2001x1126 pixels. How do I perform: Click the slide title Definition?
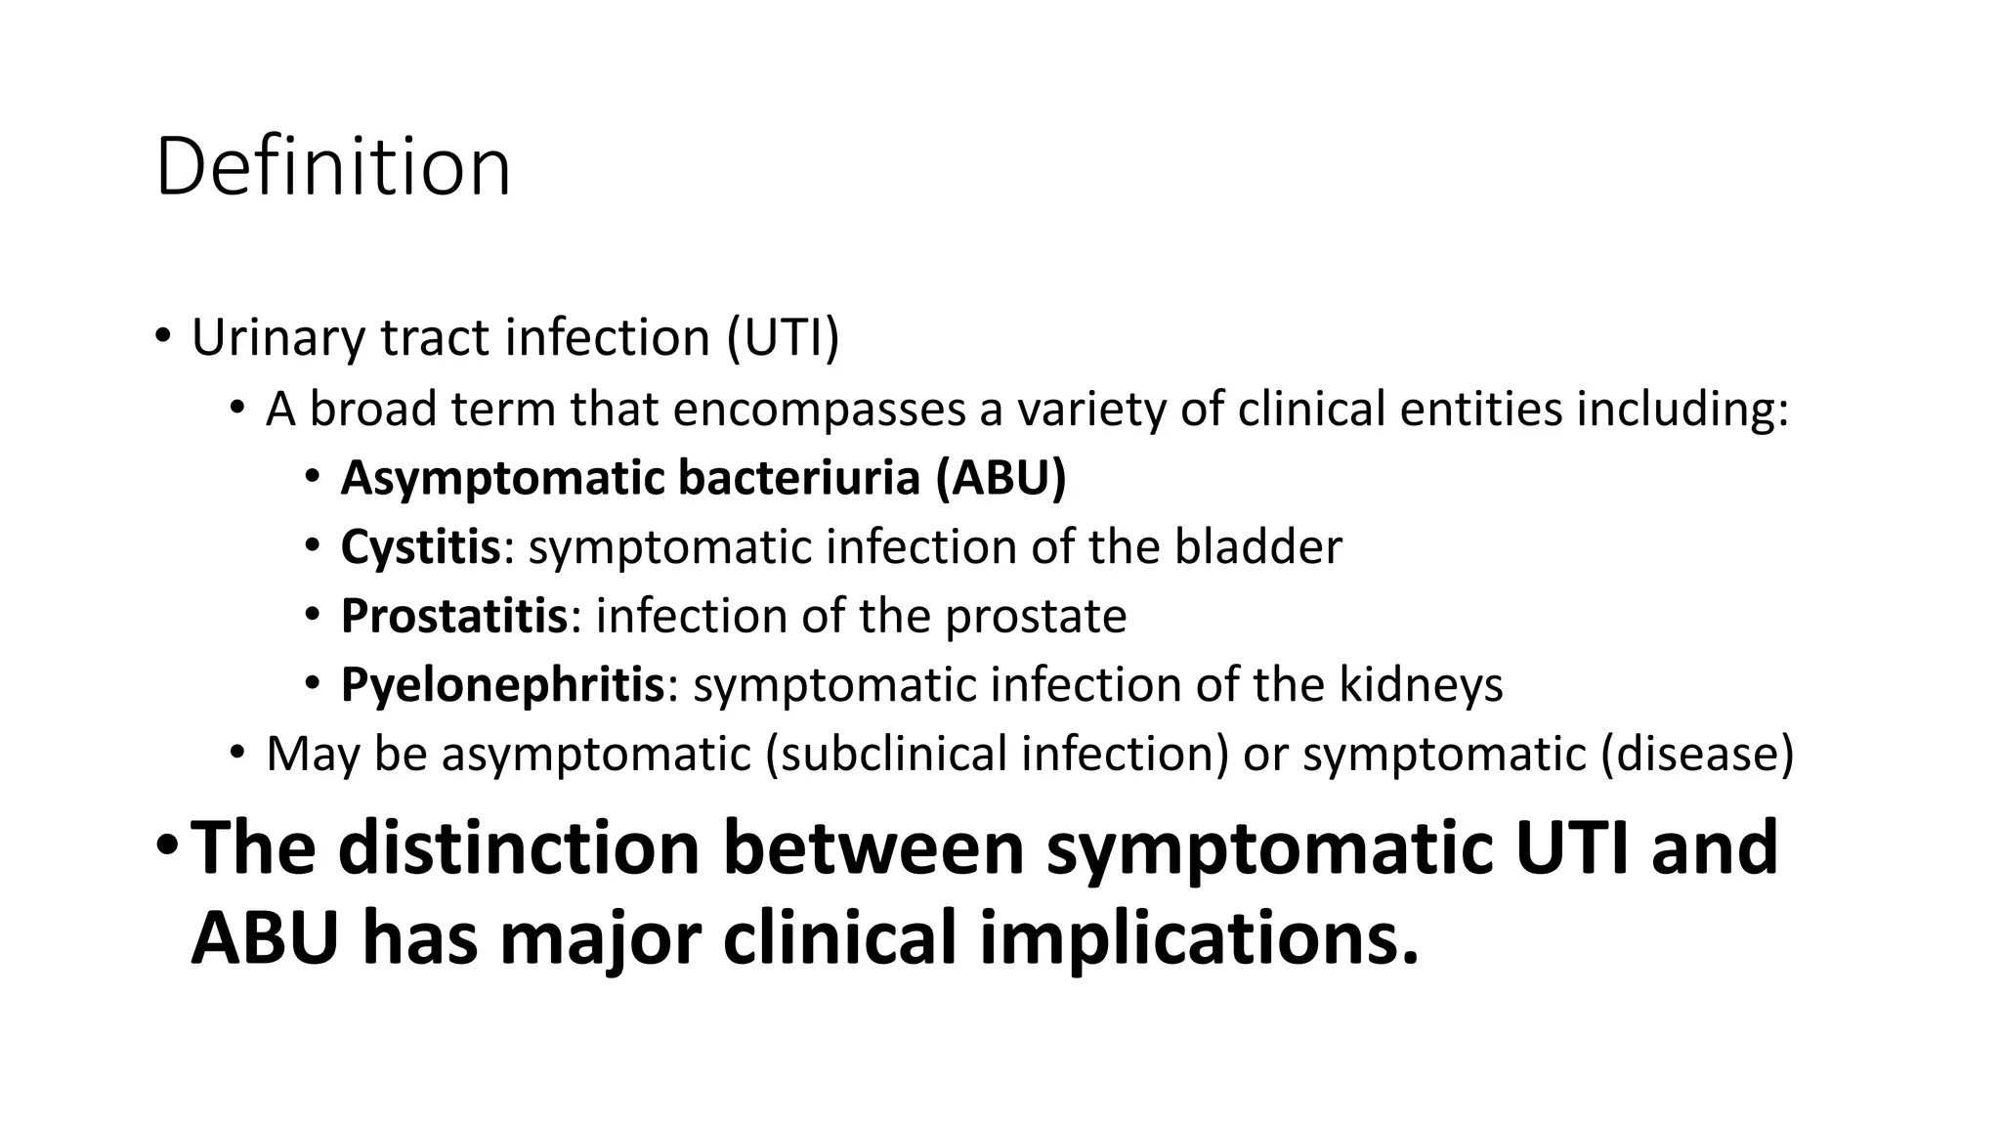[x=332, y=168]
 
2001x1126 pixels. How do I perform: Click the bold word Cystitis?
[x=420, y=546]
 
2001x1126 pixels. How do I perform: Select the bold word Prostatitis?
[x=453, y=616]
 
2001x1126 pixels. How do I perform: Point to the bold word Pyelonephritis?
[x=502, y=684]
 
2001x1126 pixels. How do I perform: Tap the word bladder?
[x=1257, y=546]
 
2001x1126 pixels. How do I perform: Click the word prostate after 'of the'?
[x=1035, y=617]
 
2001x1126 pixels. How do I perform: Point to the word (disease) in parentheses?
[x=1697, y=754]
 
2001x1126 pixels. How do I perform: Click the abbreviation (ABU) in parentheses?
[x=1000, y=478]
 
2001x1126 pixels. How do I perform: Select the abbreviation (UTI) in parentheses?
[x=783, y=338]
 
